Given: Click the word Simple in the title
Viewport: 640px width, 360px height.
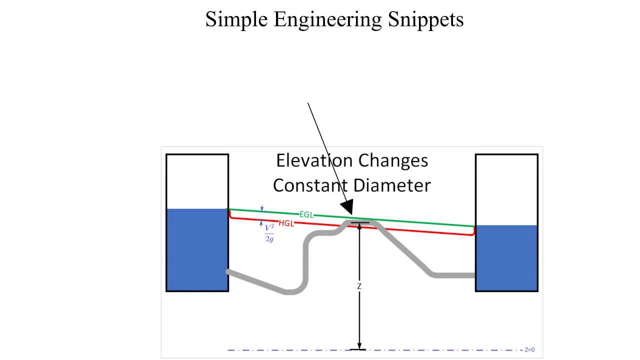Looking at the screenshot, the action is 236,20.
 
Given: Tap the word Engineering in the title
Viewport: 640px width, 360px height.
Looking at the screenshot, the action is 327,20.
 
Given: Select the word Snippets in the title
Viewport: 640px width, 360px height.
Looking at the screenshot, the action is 425,20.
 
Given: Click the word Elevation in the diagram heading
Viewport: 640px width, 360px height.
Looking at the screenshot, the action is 314,160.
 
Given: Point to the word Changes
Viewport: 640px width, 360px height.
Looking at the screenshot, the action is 393,161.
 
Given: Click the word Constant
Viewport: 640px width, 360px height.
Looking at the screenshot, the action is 310,185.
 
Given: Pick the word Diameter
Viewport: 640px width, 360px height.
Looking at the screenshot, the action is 392,185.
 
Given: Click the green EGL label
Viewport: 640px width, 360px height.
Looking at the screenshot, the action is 306,214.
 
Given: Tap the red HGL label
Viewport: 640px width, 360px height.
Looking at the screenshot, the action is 286,223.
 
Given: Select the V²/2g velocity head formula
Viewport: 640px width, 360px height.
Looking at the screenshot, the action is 269,233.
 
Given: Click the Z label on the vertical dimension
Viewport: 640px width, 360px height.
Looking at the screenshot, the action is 359,286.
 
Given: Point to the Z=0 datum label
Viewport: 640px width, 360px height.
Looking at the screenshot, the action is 529,349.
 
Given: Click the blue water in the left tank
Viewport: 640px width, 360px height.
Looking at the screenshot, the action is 197,249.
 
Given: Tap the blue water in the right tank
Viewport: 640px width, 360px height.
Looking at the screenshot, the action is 506,258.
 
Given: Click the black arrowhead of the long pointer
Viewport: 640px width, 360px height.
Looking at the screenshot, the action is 347,207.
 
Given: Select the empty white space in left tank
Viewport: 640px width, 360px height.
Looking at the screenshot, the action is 197,181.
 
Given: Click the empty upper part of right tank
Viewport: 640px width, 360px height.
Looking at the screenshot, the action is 506,190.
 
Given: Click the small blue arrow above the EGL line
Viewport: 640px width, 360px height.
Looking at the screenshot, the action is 261,208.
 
